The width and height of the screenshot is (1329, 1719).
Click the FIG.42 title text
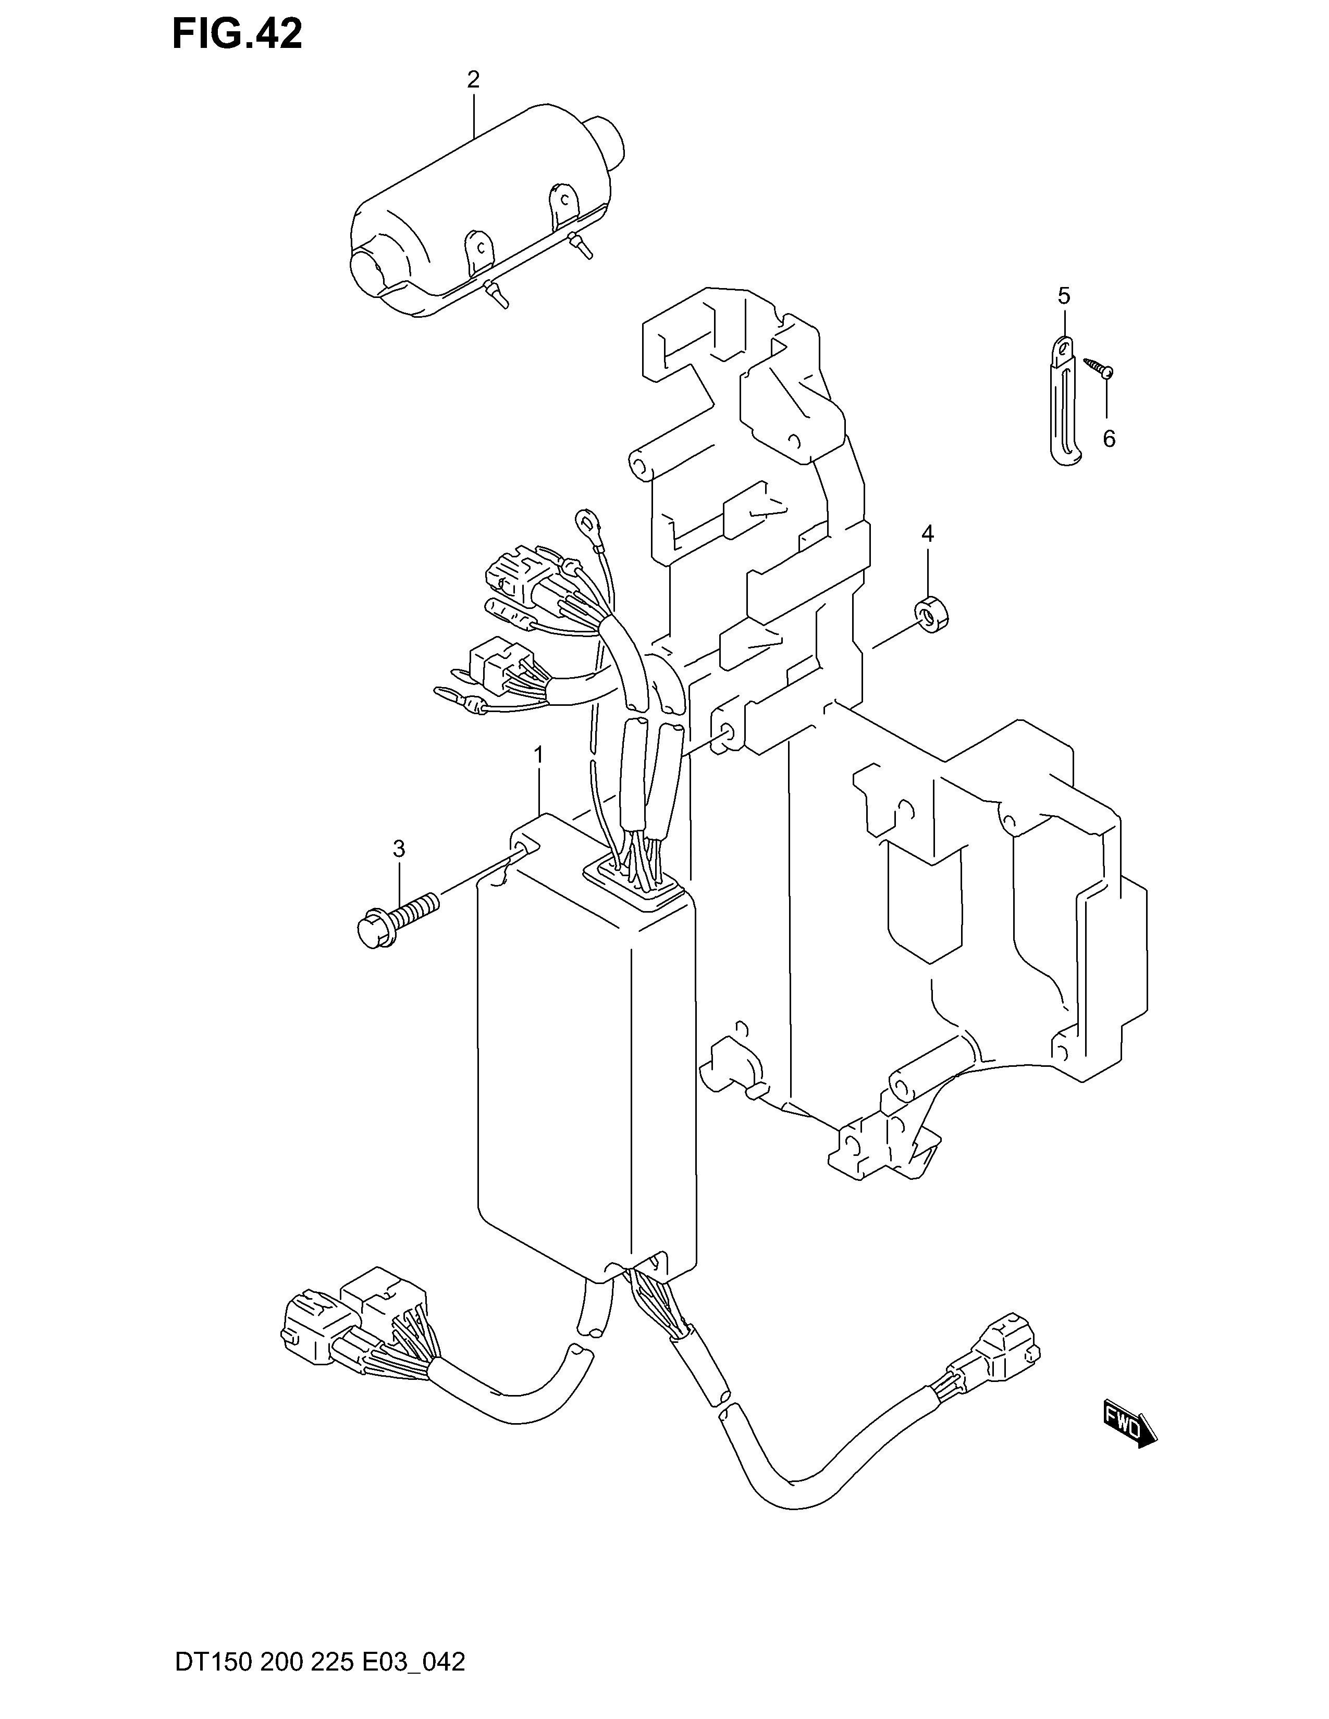236,34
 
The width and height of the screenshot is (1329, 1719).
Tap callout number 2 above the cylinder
473,80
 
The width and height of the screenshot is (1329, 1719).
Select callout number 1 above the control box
538,756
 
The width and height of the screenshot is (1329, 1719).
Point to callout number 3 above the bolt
399,849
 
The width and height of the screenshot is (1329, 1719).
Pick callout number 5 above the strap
1064,297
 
